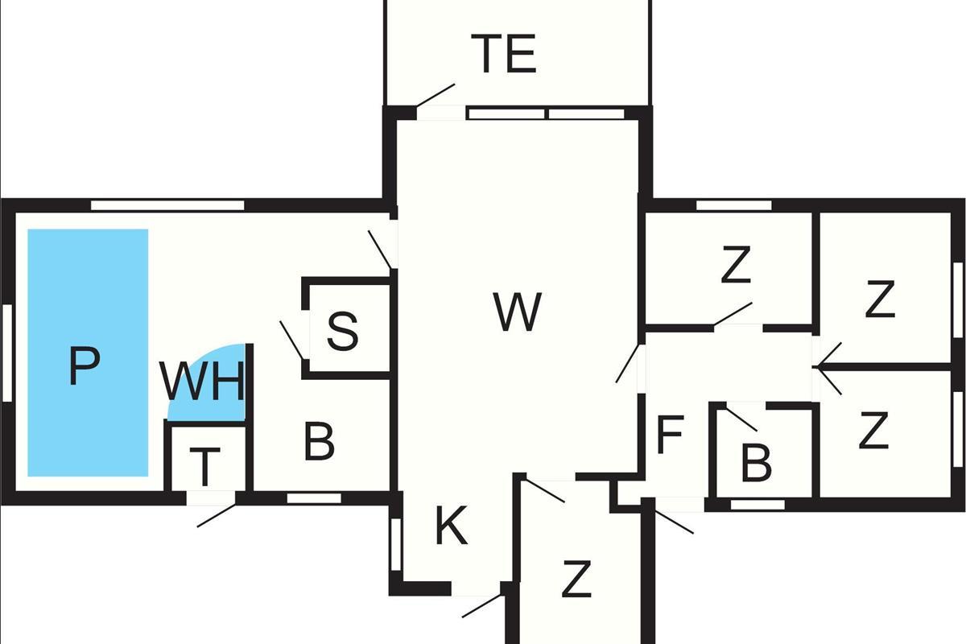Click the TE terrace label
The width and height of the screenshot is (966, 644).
pyautogui.click(x=504, y=53)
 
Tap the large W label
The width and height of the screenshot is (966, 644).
pyautogui.click(x=518, y=312)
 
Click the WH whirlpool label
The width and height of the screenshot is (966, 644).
pyautogui.click(x=202, y=381)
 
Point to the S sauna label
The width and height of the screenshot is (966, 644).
pyautogui.click(x=342, y=332)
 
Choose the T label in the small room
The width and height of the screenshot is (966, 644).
pyautogui.click(x=204, y=467)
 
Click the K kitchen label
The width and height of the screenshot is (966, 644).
pyautogui.click(x=452, y=525)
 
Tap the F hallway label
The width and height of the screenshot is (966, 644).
pyautogui.click(x=670, y=435)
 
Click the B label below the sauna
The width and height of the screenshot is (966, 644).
pyautogui.click(x=319, y=441)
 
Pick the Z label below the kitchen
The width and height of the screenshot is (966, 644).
pyautogui.click(x=576, y=579)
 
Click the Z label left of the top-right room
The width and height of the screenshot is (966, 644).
pyautogui.click(x=736, y=264)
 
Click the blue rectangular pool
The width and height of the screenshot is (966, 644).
pyautogui.click(x=88, y=353)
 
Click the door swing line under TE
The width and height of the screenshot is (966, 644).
pyautogui.click(x=436, y=95)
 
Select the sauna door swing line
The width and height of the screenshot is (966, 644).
pyautogui.click(x=293, y=341)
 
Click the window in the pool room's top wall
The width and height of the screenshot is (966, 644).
pyautogui.click(x=167, y=205)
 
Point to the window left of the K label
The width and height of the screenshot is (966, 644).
pyautogui.click(x=396, y=544)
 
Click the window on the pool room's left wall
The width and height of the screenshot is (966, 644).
pyautogui.click(x=7, y=353)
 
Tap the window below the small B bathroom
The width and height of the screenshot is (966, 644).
pyautogui.click(x=758, y=504)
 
